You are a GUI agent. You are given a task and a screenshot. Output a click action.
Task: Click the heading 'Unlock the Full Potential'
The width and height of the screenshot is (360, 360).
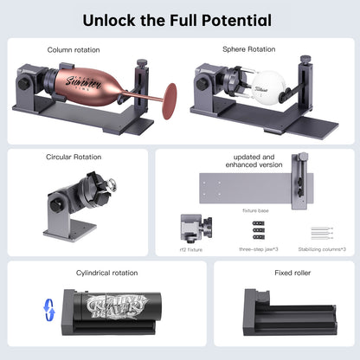179,19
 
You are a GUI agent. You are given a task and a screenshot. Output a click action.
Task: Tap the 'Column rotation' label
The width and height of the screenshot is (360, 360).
74,50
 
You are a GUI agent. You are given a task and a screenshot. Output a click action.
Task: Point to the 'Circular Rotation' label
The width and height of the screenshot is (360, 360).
74,157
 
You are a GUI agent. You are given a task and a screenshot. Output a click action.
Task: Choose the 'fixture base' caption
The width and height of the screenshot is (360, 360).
254,209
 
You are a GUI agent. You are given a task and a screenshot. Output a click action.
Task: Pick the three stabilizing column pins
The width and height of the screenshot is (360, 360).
321,234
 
